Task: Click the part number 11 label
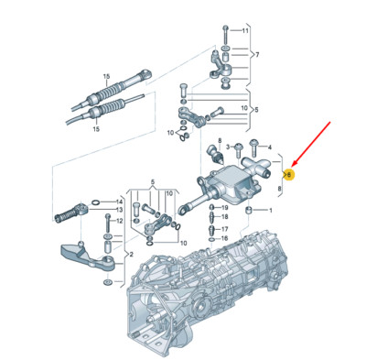(245, 30)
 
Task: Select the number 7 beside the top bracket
(257, 55)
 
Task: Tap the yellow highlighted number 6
(289, 175)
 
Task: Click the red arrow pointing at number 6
(311, 145)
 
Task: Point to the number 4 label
(269, 147)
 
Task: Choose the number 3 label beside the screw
(228, 147)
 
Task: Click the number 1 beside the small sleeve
(270, 211)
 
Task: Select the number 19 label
(225, 208)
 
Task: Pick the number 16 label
(225, 238)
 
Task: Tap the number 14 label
(119, 202)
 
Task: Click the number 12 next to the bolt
(120, 221)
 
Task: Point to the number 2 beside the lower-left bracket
(131, 255)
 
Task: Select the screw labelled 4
(253, 148)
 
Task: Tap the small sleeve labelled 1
(249, 211)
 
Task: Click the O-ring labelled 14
(96, 202)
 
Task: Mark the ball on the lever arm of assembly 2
(81, 244)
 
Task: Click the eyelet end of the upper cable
(146, 74)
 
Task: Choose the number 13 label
(119, 210)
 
